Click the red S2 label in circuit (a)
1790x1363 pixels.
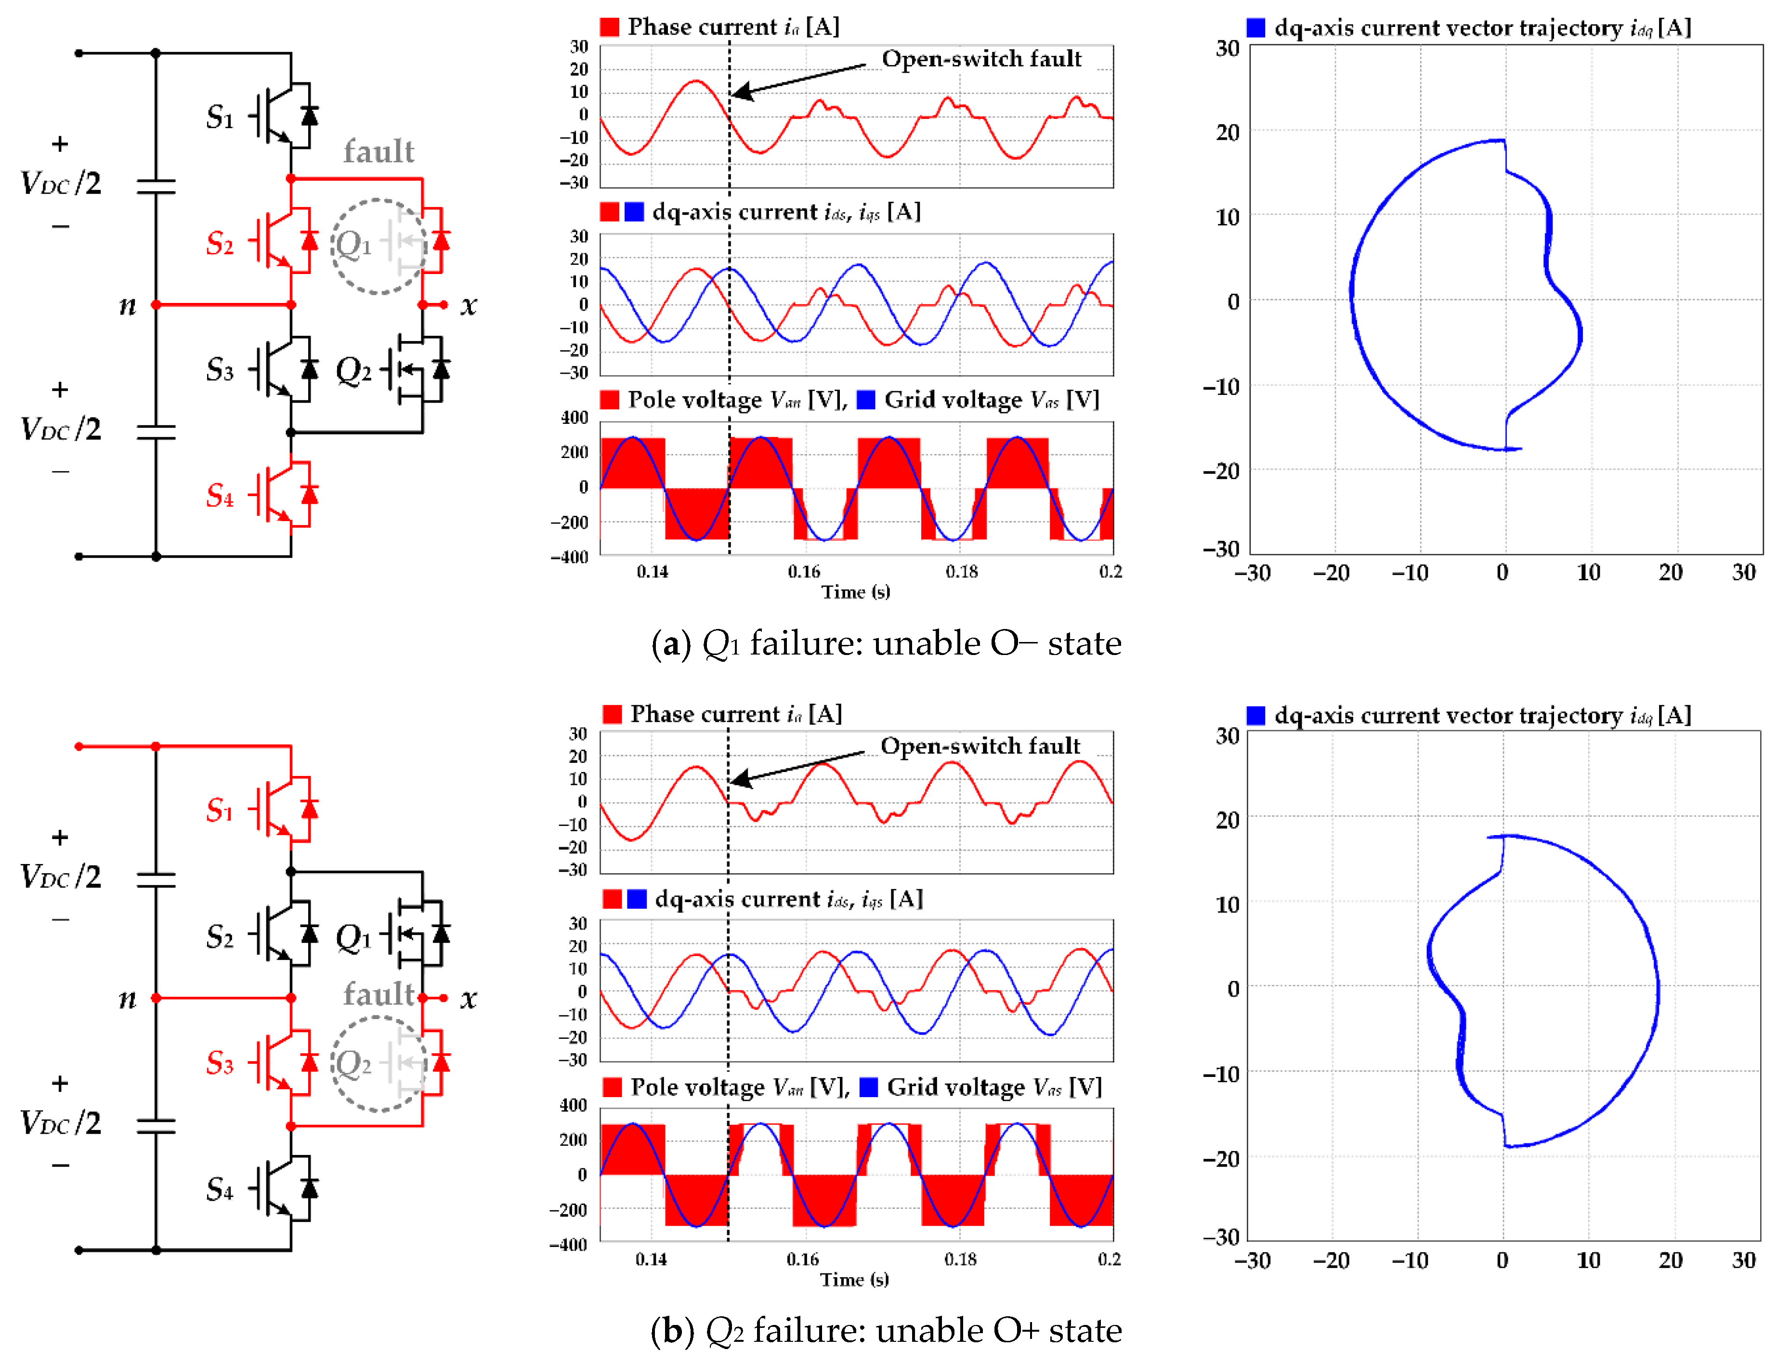[220, 243]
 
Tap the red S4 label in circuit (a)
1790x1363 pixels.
[220, 495]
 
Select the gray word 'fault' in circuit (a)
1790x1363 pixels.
[379, 152]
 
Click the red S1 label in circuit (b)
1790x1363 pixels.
[220, 810]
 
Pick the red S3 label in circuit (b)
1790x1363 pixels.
[220, 1063]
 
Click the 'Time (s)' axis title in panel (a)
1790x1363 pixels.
[856, 592]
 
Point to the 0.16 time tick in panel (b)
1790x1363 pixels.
[802, 1259]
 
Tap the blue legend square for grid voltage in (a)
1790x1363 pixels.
[866, 399]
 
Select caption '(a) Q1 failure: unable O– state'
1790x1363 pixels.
[886, 643]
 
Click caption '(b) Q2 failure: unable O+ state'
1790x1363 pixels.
[886, 1331]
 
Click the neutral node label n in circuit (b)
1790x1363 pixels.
[127, 999]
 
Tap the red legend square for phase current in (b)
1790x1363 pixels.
[613, 714]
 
